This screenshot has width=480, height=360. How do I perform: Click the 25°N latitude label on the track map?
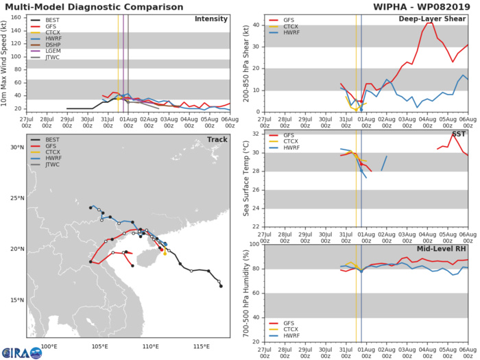[17, 199]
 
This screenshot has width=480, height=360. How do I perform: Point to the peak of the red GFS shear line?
[429, 23]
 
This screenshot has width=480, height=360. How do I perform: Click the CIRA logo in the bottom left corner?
[21, 351]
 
